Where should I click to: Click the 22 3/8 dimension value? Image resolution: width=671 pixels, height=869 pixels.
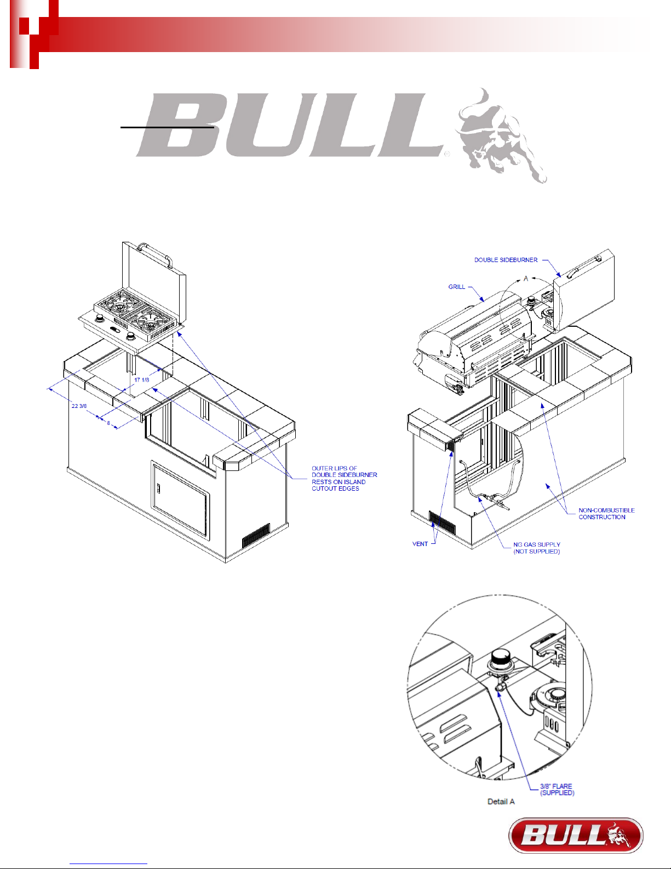tap(79, 406)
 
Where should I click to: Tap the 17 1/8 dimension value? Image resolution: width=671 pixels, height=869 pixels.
tap(142, 379)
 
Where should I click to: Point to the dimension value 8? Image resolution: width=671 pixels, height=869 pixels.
tap(108, 423)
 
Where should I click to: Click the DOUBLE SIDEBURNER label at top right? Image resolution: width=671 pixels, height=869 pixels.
tap(506, 260)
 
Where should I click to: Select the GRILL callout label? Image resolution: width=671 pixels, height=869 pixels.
tap(456, 287)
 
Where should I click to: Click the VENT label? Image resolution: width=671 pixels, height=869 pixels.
tap(420, 544)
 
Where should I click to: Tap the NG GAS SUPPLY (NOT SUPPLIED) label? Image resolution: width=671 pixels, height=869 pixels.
tap(536, 548)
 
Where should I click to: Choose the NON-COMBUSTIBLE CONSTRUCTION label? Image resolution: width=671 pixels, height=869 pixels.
tap(606, 514)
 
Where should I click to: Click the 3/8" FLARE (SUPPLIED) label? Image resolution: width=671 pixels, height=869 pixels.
tap(557, 789)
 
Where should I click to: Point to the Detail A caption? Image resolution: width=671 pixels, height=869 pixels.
tap(501, 802)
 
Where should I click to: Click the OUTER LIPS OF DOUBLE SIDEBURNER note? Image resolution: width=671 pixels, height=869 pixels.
tap(345, 478)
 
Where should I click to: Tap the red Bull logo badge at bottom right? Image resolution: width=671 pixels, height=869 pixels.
tap(576, 836)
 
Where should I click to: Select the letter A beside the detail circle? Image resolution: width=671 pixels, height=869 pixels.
tap(526, 279)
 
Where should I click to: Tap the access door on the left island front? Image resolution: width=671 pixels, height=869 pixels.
tap(180, 501)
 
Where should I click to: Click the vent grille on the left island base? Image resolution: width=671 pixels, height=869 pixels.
tap(256, 535)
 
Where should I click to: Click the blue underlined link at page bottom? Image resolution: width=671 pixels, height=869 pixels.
tap(108, 864)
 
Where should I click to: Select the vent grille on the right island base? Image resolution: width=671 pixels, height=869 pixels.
tap(442, 522)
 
